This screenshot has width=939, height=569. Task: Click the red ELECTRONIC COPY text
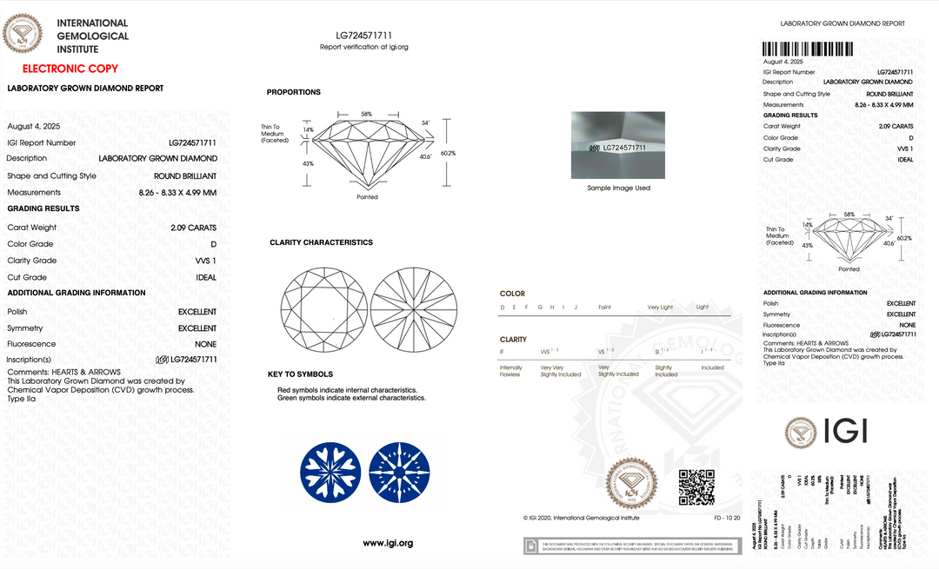click(70, 69)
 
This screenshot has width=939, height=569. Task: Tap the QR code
click(696, 486)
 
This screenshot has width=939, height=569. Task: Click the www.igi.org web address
click(388, 543)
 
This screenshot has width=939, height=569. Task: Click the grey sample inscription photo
click(618, 144)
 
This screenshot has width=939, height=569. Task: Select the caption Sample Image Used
click(618, 188)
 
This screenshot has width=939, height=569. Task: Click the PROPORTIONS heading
click(294, 92)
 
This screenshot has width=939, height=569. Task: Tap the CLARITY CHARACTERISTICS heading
click(321, 242)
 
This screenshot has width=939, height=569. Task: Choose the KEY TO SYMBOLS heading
click(301, 374)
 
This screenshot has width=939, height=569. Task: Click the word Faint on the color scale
click(605, 308)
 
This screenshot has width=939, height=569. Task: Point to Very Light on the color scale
click(660, 308)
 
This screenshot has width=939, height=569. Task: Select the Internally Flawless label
click(510, 371)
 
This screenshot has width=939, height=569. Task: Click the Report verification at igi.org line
click(364, 47)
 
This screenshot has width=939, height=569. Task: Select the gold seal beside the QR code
click(632, 485)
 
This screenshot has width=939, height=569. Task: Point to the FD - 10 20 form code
click(716, 518)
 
